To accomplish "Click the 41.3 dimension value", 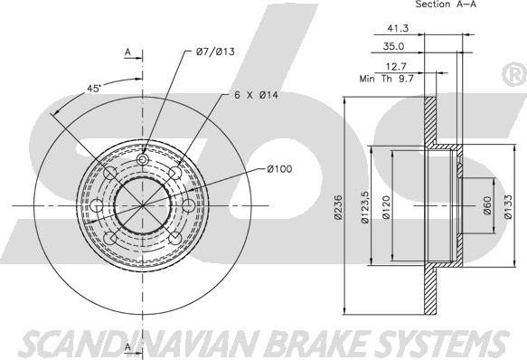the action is pyautogui.click(x=398, y=28).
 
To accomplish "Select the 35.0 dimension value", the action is pyautogui.click(x=393, y=46).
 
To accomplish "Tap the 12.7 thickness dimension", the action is pyautogui.click(x=396, y=66).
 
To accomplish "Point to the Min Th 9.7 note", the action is pyautogui.click(x=387, y=79).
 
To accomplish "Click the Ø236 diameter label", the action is pyautogui.click(x=338, y=207).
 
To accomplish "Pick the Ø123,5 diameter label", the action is pyautogui.click(x=365, y=207).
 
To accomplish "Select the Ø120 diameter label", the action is pyautogui.click(x=386, y=208).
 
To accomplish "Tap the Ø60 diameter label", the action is pyautogui.click(x=487, y=205).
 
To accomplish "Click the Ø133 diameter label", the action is pyautogui.click(x=508, y=206).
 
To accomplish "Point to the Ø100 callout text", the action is pyautogui.click(x=279, y=169).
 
